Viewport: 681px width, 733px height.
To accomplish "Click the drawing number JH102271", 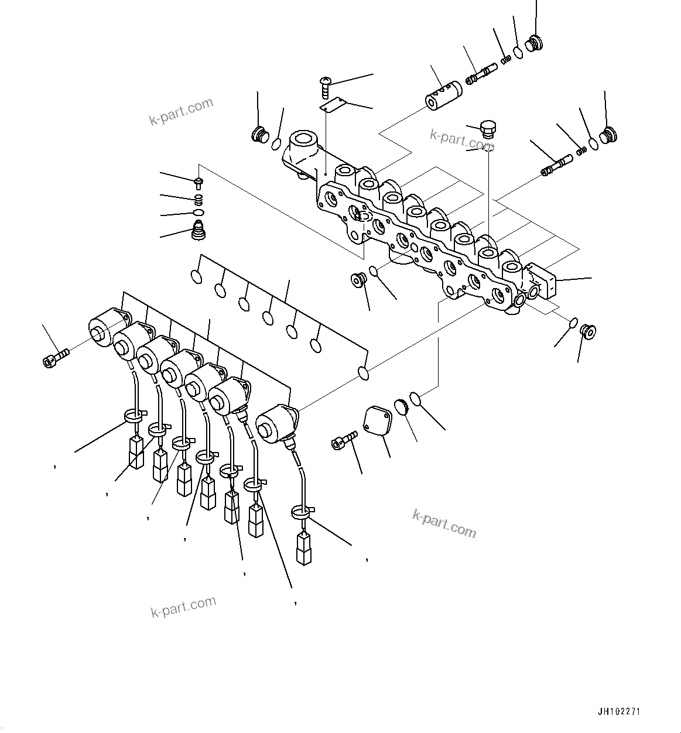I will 618,712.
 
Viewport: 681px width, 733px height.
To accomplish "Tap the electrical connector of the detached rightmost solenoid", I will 303,547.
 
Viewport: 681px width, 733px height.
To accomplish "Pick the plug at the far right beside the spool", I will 610,135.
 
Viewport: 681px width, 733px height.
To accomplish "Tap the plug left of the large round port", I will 259,135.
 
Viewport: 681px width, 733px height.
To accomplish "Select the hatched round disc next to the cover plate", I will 401,406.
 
